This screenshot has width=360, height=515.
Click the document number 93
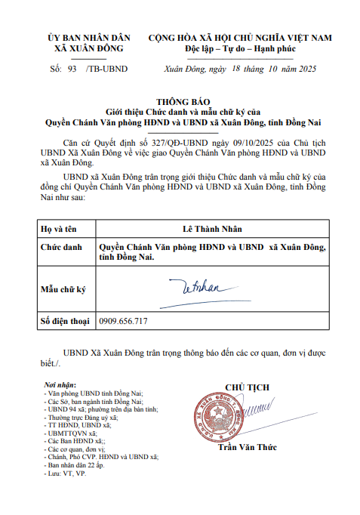[x=72, y=69]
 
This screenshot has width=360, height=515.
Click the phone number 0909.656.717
[x=123, y=321]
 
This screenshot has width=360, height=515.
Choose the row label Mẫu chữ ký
[x=63, y=288]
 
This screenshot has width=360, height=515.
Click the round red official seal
[x=224, y=419]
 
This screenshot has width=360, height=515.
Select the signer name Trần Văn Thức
[x=246, y=447]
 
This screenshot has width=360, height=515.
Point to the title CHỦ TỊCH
[x=247, y=387]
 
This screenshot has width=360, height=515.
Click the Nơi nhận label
[x=60, y=386]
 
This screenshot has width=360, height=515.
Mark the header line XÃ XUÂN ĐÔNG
[x=89, y=48]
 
